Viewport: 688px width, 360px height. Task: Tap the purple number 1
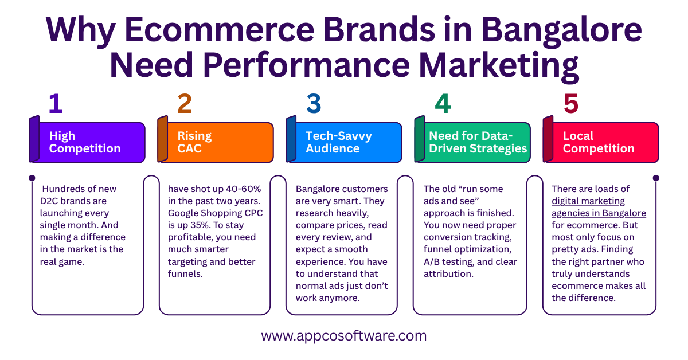(55, 104)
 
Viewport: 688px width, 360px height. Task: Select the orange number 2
(184, 104)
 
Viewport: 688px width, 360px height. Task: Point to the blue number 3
(314, 104)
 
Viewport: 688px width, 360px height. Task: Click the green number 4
(443, 104)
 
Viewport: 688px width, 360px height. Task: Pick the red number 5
(571, 104)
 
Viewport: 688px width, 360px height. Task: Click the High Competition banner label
(85, 142)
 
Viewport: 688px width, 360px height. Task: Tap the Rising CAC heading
(194, 142)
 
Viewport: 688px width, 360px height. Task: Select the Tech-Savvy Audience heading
(338, 142)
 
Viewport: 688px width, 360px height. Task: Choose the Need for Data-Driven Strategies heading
(478, 142)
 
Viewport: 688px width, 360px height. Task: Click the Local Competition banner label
(599, 142)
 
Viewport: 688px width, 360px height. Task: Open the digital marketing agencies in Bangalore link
(599, 207)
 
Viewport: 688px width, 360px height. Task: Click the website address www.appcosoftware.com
(344, 336)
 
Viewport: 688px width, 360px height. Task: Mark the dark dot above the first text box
(32, 178)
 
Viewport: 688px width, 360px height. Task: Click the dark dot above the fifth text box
(656, 178)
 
